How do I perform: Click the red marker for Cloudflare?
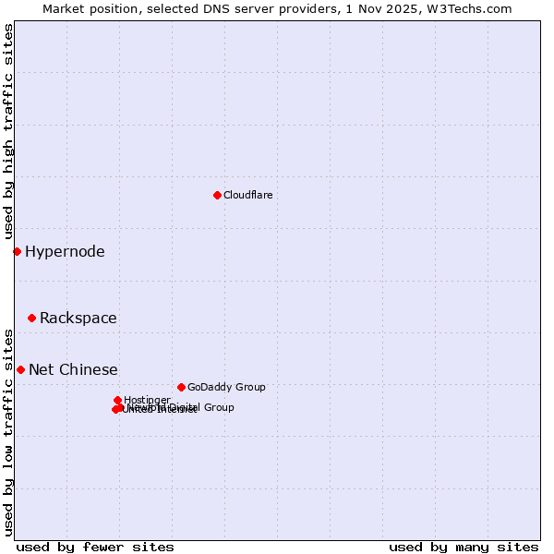tap(217, 195)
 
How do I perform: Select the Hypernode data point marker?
tap(17, 251)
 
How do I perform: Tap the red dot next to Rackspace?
tap(31, 318)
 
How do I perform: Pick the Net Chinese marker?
tap(20, 369)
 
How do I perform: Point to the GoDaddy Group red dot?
tap(181, 387)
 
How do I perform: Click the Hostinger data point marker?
tap(118, 400)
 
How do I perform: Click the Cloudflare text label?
tap(247, 195)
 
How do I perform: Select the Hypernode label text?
tap(65, 251)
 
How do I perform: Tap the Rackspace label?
tap(78, 318)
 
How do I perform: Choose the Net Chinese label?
tap(73, 369)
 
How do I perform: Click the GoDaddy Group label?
tap(226, 387)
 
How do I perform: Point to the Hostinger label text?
tap(147, 400)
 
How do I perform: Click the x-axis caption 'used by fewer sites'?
tap(95, 547)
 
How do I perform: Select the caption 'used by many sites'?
tap(464, 547)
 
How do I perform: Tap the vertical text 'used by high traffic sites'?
tap(8, 132)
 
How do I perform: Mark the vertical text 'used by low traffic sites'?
tap(8, 431)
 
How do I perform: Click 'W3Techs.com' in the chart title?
tap(474, 8)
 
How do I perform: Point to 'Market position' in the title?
tap(86, 8)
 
